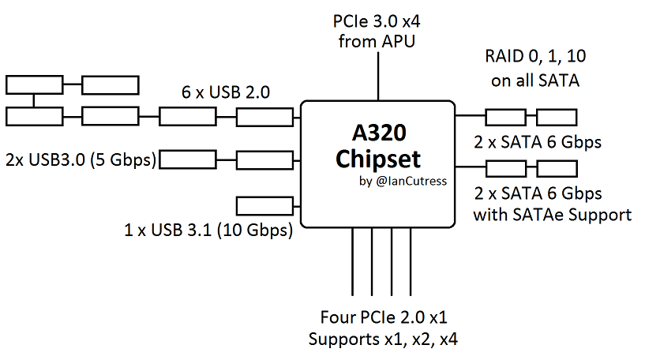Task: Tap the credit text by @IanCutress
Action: coord(402,181)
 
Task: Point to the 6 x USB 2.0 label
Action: coord(226,92)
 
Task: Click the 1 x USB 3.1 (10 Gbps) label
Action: coord(208,231)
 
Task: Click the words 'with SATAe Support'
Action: coord(552,214)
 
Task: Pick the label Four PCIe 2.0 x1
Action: coord(384,319)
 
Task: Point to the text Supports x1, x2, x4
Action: coord(384,340)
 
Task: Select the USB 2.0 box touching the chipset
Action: coord(264,117)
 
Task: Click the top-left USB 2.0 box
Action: coord(33,84)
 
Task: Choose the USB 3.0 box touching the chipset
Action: coord(264,160)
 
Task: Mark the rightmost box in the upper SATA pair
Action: coord(557,118)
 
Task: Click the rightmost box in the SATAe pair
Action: coord(557,167)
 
